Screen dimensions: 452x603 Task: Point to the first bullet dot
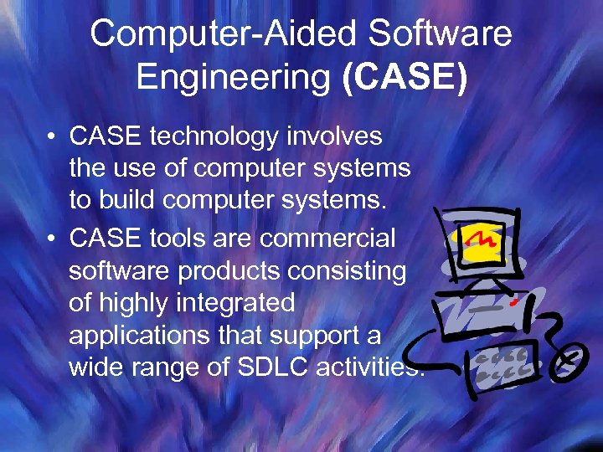point(52,136)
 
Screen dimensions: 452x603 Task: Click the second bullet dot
point(52,239)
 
